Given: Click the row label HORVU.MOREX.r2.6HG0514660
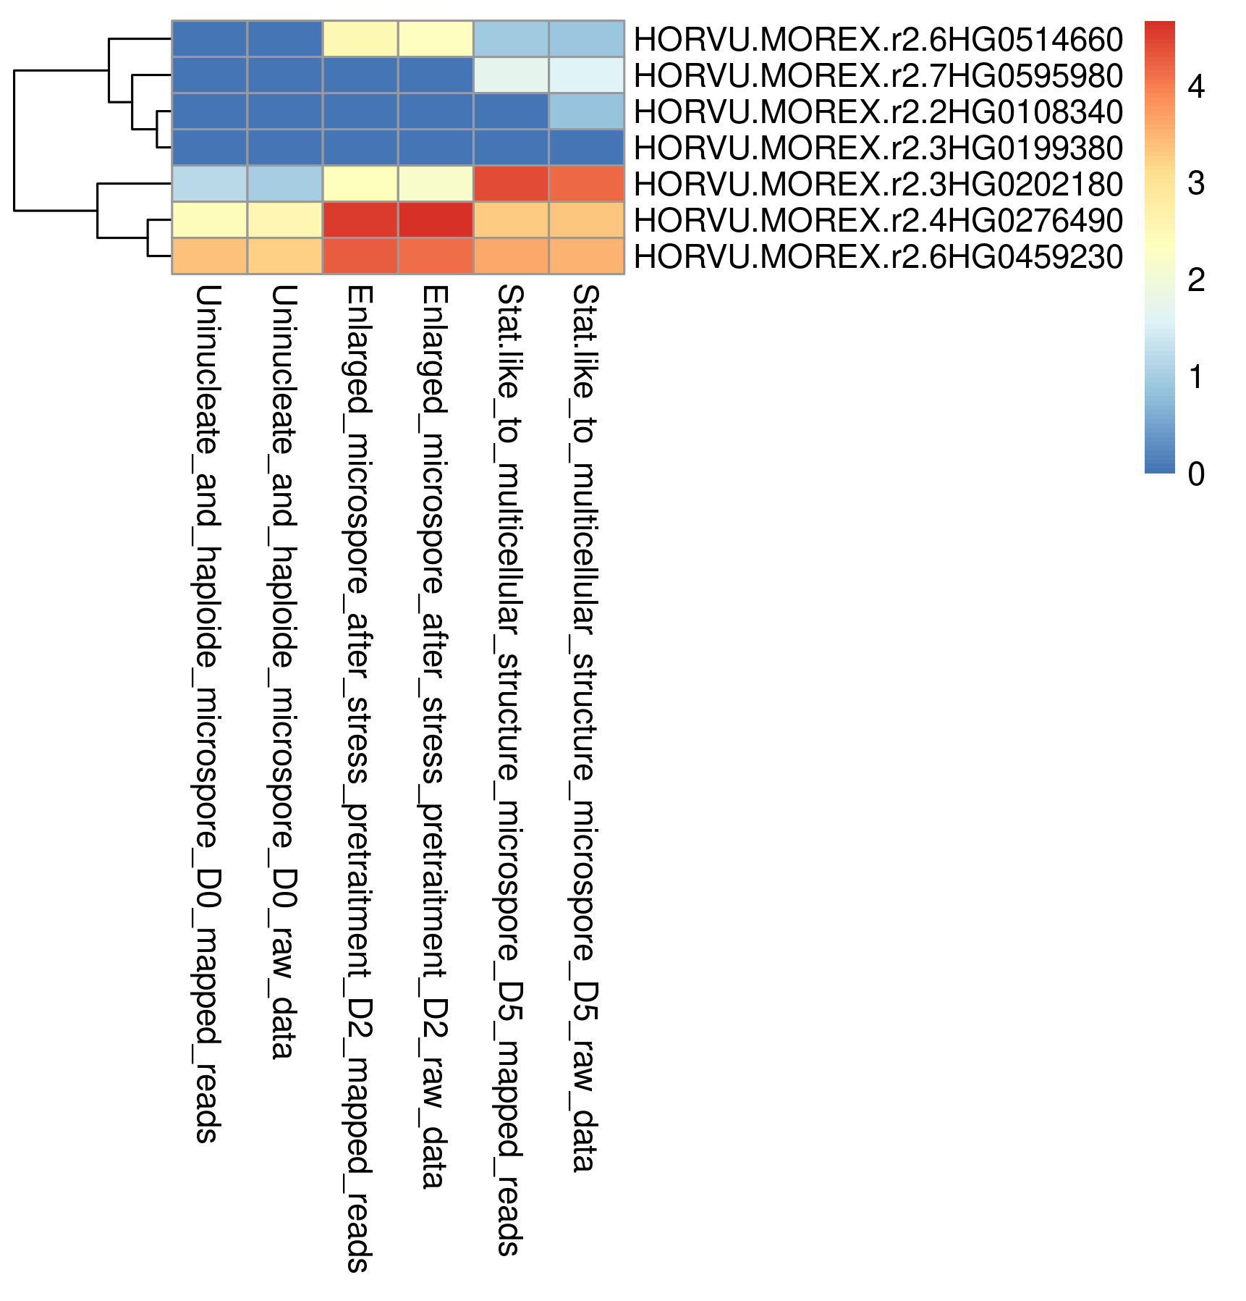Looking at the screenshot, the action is [x=878, y=39].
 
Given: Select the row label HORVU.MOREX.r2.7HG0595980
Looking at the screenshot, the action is [x=878, y=75].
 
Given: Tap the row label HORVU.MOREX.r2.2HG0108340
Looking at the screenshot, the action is [x=878, y=111].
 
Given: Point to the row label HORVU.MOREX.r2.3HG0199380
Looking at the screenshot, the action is [x=878, y=148].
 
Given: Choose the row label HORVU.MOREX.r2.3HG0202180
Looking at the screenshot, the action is [x=878, y=184].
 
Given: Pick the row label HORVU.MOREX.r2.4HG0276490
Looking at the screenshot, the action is [x=878, y=220].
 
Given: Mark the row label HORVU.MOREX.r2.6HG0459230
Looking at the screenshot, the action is [x=878, y=256].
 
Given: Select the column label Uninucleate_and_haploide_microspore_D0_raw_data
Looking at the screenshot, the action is [x=283, y=672].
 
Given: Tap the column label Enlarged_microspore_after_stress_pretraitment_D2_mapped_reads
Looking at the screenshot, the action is [x=359, y=778].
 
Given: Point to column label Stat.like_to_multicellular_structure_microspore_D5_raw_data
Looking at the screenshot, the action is [x=585, y=728].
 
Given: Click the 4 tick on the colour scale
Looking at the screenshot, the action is [x=1196, y=87].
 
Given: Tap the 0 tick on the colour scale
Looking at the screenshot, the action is [x=1196, y=474].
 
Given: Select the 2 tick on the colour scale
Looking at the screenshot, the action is [x=1196, y=280].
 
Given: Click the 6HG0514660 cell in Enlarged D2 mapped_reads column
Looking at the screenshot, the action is [x=360, y=39].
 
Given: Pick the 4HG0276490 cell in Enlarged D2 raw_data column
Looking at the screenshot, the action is [x=436, y=220].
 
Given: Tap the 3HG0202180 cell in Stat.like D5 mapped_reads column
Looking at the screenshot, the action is [x=511, y=184].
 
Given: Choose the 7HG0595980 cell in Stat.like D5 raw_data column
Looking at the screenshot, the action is [x=586, y=75].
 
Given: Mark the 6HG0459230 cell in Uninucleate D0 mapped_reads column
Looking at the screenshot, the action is [x=210, y=256].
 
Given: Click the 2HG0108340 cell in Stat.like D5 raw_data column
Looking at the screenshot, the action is [x=586, y=111].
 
